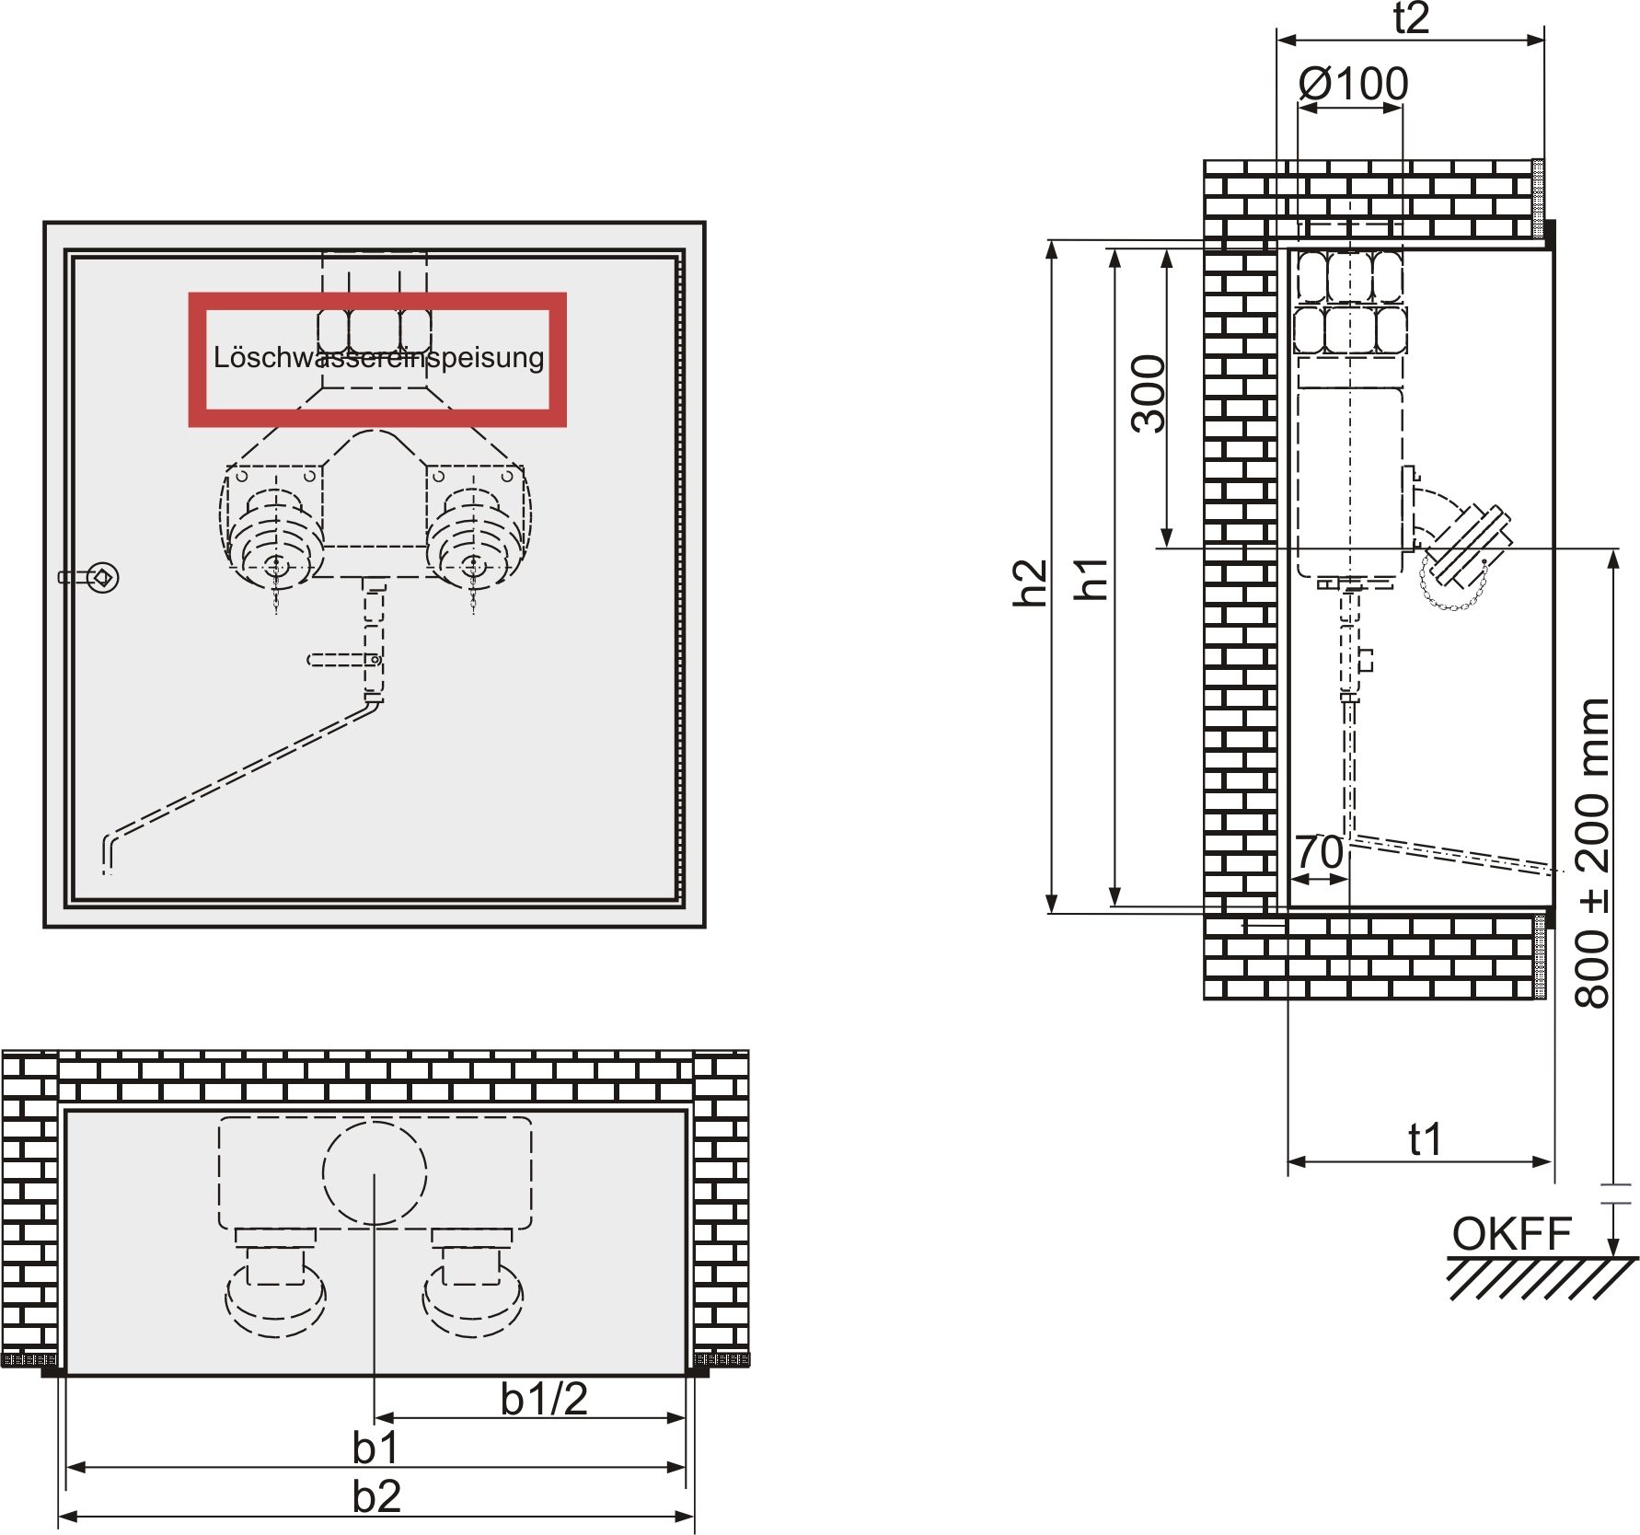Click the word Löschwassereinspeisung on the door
click(378, 357)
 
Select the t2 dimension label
click(1410, 18)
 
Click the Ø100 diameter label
click(1353, 85)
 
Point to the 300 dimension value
click(1149, 393)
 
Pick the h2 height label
click(1030, 583)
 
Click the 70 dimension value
click(1319, 852)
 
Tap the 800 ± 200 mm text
click(1593, 853)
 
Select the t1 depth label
click(1425, 1139)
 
